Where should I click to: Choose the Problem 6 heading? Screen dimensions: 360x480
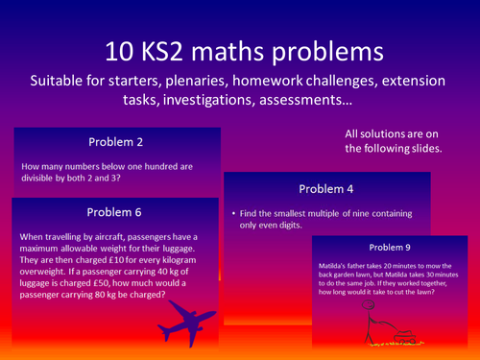click(x=113, y=212)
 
